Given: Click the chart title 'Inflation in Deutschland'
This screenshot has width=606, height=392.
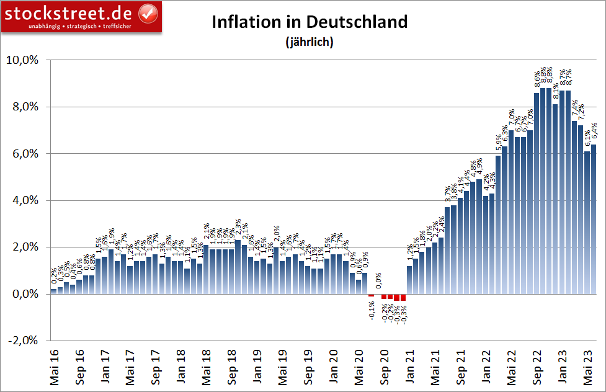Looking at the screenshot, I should [x=310, y=22].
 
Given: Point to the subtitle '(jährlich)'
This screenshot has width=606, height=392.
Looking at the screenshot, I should [x=310, y=42].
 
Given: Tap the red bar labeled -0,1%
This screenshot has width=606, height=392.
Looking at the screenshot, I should [x=371, y=295].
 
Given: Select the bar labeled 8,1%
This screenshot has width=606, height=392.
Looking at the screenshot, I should [x=556, y=198].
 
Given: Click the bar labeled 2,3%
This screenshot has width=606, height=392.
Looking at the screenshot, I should [x=238, y=267].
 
